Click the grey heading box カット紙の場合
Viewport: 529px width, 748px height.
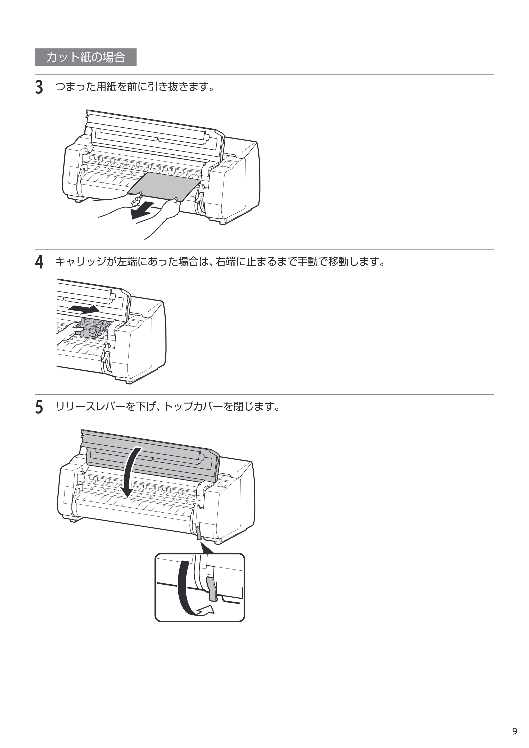(86, 57)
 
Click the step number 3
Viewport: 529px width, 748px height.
(39, 88)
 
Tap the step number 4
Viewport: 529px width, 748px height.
(39, 262)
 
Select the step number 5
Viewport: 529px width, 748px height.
(39, 407)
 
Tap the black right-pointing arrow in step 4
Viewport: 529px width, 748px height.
(84, 309)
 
